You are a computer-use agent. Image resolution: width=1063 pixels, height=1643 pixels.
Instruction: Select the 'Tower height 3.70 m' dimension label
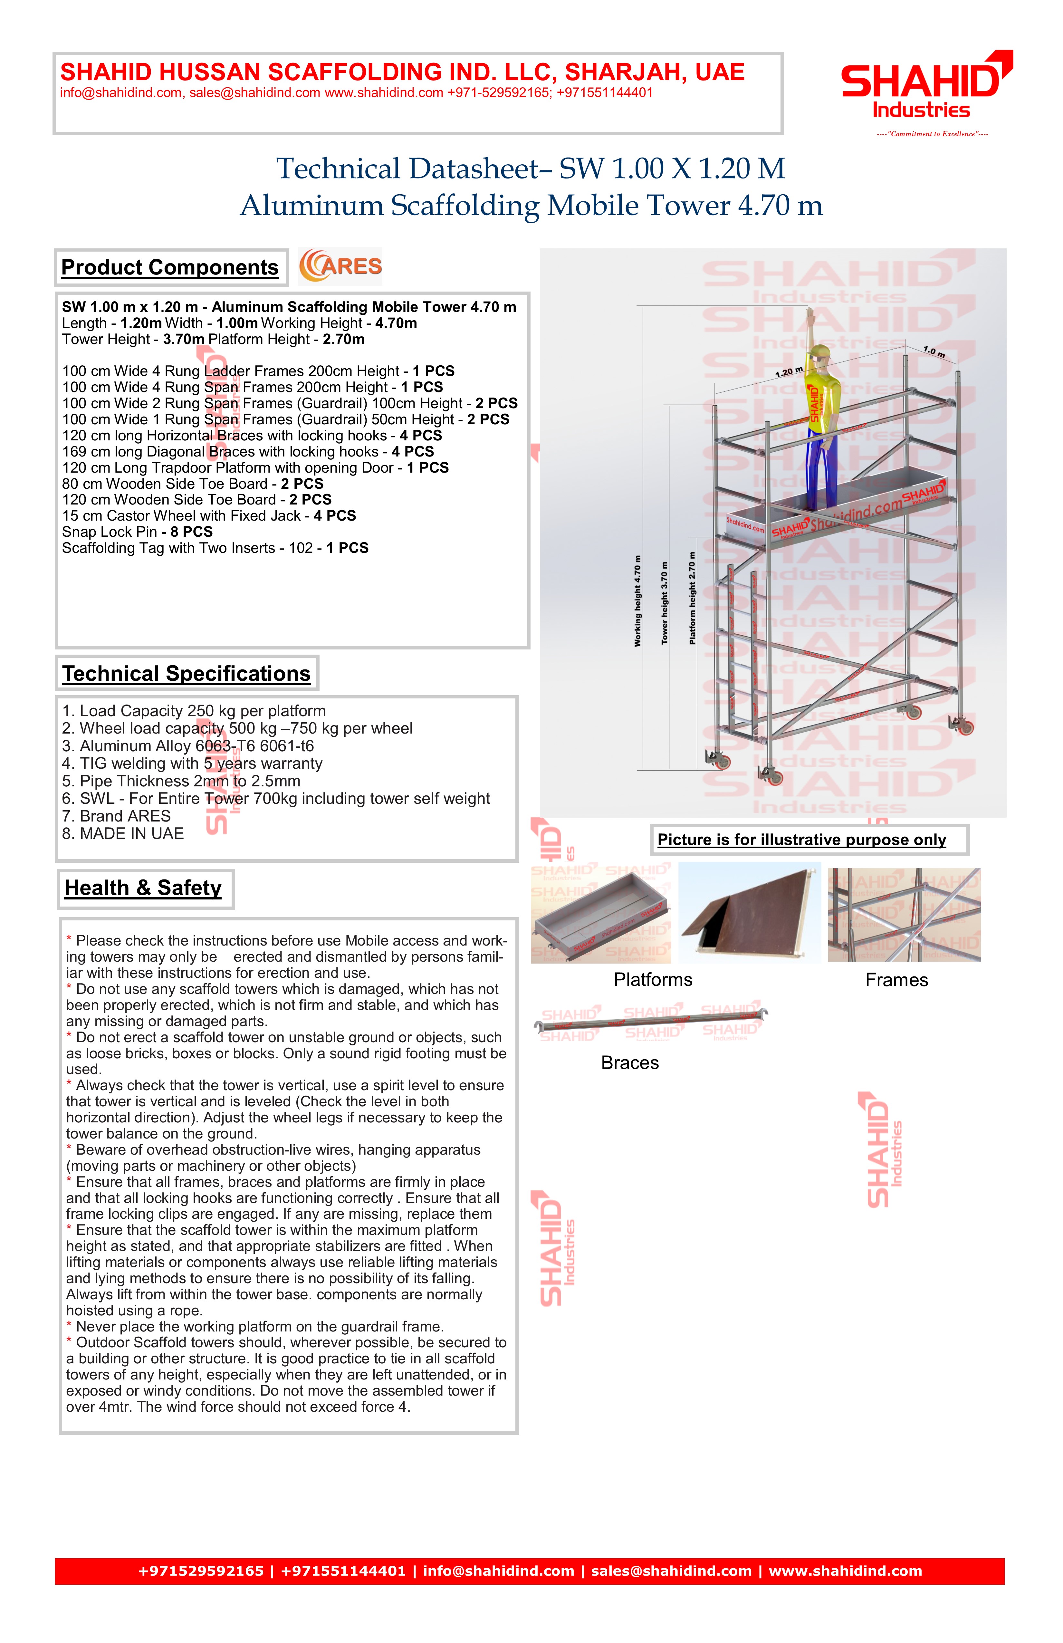click(x=665, y=603)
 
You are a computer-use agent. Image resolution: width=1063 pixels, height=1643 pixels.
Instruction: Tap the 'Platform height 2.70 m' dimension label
click(x=692, y=598)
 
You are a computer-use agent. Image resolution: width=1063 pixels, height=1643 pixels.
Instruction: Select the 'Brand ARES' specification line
click(x=116, y=816)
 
